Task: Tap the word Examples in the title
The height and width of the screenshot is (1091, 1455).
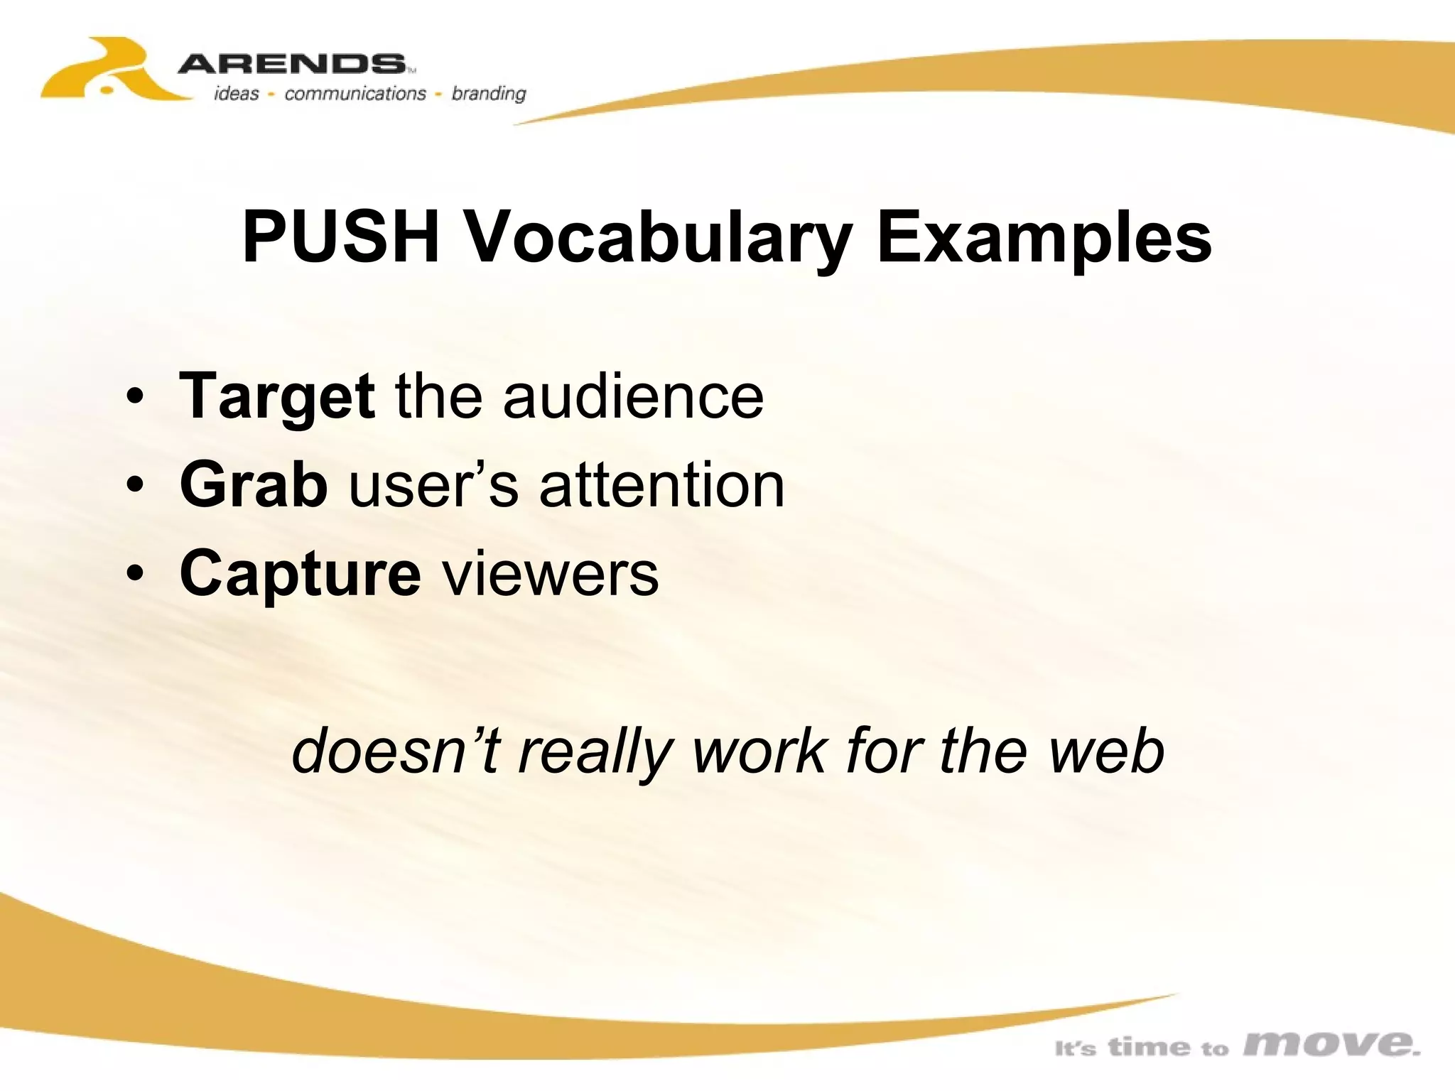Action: (1044, 238)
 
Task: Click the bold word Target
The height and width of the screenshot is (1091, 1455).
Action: (277, 396)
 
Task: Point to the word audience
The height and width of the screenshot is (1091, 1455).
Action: (633, 396)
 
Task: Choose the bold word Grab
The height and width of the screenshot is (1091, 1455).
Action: (254, 484)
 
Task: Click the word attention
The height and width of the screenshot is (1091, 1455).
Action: (661, 484)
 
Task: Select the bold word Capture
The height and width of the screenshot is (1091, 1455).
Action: (300, 574)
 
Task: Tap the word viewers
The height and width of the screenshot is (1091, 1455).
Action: (551, 573)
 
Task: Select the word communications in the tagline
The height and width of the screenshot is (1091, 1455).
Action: (355, 94)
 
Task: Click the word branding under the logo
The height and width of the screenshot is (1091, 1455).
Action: (489, 94)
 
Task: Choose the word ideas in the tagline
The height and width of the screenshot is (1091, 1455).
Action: (237, 94)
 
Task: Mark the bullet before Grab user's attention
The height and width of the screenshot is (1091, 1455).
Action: (134, 486)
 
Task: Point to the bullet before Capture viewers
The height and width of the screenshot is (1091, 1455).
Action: (134, 575)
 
